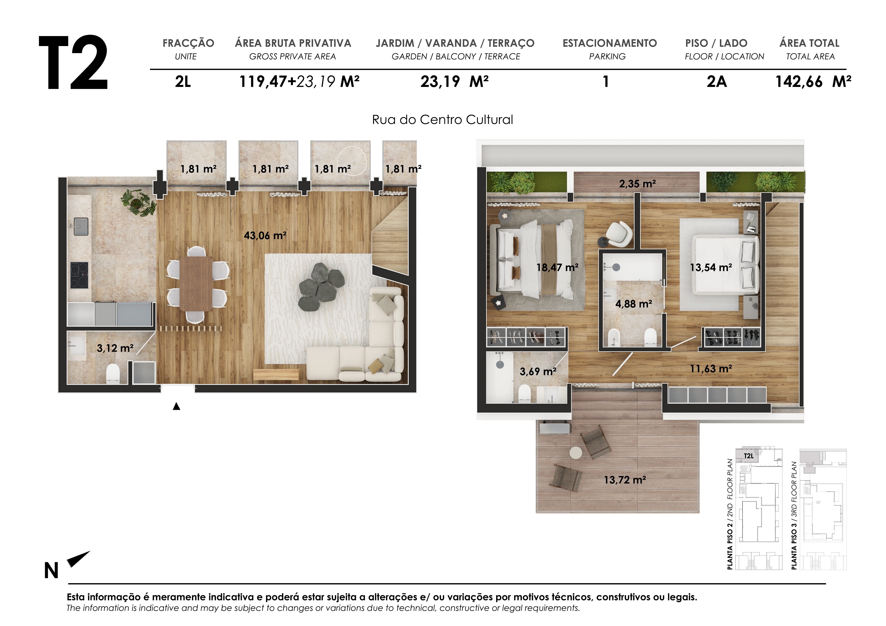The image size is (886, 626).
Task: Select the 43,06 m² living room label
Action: click(x=265, y=235)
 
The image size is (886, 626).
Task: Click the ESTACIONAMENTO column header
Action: click(x=609, y=43)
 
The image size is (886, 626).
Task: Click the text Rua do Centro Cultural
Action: click(x=442, y=120)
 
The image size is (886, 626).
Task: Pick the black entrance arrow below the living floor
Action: click(x=176, y=406)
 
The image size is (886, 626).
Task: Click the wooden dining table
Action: click(x=196, y=283)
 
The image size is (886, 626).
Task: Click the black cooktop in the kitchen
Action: click(x=79, y=275)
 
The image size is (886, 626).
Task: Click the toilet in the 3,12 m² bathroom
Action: click(x=113, y=373)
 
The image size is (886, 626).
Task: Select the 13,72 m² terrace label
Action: click(x=624, y=480)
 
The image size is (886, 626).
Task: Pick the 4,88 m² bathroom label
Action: click(x=633, y=304)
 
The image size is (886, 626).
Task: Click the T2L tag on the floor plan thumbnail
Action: click(x=748, y=456)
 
